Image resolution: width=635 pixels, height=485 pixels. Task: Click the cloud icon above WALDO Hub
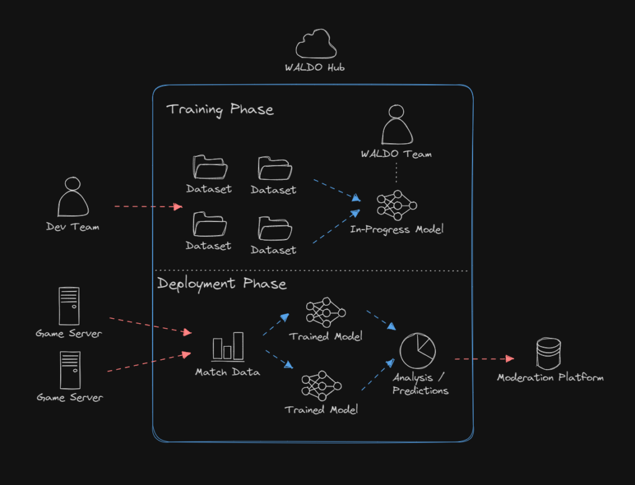coord(316,45)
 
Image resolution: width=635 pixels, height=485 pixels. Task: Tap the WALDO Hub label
coord(314,68)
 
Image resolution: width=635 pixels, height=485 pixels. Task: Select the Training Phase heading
coord(220,110)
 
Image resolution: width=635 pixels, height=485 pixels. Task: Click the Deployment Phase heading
coord(221,284)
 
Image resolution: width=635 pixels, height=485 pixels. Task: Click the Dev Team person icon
coord(73,197)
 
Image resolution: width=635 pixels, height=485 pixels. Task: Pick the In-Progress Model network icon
coord(397,205)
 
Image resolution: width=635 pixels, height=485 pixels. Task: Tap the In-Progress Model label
coord(397,229)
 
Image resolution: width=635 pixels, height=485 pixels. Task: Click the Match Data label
coord(228,372)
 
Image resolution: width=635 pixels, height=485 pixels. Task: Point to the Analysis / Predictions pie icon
coord(417,351)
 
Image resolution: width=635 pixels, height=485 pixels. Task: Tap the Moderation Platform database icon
coord(548,354)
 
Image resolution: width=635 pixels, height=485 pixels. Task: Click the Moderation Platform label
coord(550,377)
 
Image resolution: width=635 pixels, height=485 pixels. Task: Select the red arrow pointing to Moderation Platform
coord(484,358)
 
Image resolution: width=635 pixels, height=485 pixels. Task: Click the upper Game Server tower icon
coord(69,306)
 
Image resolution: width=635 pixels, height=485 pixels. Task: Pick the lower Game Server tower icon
coord(69,370)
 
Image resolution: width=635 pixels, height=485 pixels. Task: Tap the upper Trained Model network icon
coord(326,313)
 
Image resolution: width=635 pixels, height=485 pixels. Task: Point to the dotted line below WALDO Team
coord(397,173)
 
